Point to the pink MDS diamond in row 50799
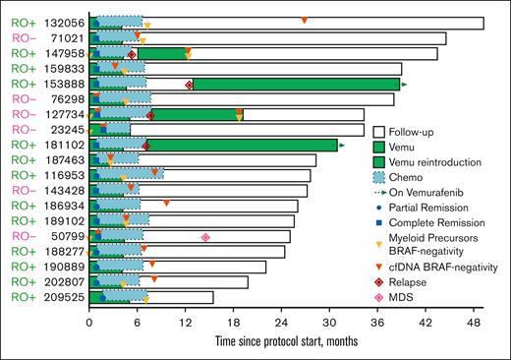coord(204,237)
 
